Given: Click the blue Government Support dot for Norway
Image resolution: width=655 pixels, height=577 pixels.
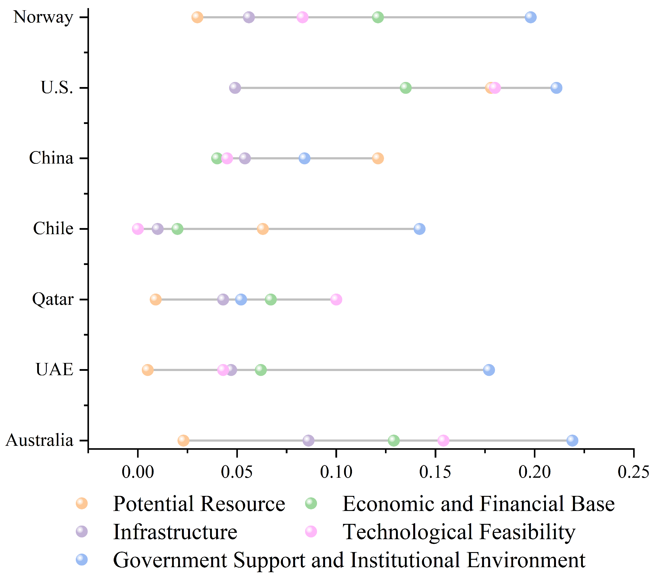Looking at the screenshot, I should [x=530, y=17].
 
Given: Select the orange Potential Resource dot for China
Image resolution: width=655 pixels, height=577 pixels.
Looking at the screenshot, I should [x=378, y=158].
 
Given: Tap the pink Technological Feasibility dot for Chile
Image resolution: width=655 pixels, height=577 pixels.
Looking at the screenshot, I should [x=138, y=229].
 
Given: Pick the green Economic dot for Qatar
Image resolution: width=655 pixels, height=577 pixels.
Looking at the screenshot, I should [x=271, y=299].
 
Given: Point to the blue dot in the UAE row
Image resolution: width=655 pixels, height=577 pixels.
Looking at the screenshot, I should [x=489, y=370].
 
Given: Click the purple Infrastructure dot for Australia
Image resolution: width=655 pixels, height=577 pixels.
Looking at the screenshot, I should [x=308, y=440].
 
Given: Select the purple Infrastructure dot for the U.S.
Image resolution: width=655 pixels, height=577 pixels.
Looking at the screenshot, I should [x=235, y=87].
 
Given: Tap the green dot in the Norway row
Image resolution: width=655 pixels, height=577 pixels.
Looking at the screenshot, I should [x=378, y=17].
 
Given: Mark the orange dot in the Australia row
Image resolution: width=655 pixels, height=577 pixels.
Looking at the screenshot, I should [x=183, y=440].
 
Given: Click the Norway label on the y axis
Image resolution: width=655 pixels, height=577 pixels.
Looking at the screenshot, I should [x=43, y=17].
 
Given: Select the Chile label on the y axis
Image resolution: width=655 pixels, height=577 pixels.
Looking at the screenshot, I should [x=53, y=228].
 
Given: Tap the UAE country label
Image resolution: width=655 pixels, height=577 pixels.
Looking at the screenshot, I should [x=54, y=370].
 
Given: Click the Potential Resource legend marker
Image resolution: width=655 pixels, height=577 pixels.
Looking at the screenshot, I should [x=82, y=504].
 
